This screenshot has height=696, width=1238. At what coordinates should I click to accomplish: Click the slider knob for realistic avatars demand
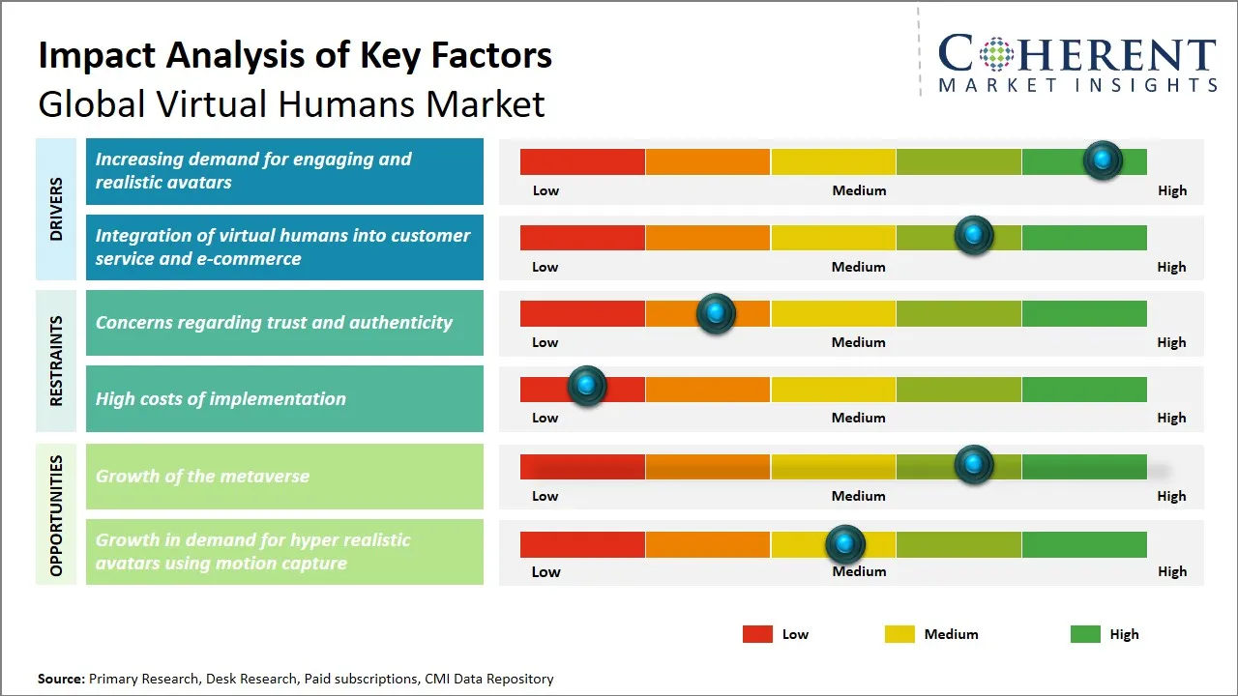(x=1103, y=160)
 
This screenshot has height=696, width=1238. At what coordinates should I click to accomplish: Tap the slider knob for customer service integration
(x=974, y=236)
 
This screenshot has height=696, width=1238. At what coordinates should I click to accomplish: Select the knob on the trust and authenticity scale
(x=716, y=313)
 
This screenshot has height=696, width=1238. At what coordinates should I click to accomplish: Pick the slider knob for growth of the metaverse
(x=974, y=465)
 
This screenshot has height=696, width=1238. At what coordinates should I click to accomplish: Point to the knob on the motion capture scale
(x=845, y=545)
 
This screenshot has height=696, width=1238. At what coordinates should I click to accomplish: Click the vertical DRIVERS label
(x=56, y=209)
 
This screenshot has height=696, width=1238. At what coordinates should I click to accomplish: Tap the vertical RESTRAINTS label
(x=56, y=361)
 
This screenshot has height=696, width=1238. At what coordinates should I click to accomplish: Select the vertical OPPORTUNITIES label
(x=56, y=515)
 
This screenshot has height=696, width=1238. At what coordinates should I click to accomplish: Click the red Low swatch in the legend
(x=757, y=634)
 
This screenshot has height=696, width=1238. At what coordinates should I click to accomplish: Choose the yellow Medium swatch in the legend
(x=899, y=634)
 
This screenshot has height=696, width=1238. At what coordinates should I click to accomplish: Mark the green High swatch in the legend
(x=1085, y=634)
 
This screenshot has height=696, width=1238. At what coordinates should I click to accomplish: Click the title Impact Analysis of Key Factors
(x=295, y=55)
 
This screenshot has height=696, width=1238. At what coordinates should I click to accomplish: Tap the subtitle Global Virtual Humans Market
(x=291, y=103)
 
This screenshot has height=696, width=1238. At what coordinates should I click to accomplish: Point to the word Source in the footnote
(x=61, y=679)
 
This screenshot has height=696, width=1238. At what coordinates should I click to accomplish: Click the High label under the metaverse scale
(x=1171, y=496)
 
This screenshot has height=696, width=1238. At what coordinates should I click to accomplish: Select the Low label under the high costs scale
(x=545, y=418)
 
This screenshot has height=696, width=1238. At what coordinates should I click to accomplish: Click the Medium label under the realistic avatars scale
(x=859, y=190)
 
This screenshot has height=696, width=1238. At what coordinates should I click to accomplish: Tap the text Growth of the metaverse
(x=202, y=476)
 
